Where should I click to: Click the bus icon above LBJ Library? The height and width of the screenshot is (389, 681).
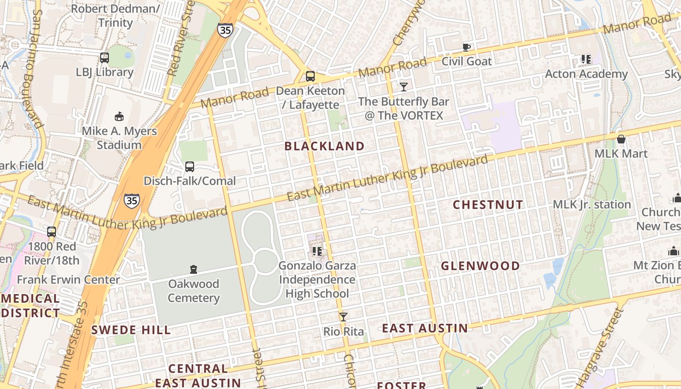[104, 58]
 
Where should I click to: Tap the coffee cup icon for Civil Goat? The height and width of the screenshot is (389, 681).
[466, 47]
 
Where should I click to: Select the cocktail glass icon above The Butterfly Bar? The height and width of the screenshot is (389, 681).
[403, 87]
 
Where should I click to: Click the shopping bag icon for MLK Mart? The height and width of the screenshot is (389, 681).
[621, 139]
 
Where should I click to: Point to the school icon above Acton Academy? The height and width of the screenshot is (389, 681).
[586, 59]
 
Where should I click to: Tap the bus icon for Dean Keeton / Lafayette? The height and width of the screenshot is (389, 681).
[310, 76]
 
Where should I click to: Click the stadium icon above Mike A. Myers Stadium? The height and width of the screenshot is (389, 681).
[119, 116]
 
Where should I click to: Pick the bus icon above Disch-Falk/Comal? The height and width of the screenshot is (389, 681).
[190, 167]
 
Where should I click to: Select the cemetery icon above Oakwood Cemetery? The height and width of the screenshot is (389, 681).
[194, 269]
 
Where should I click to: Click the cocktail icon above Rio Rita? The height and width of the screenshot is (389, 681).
[343, 317]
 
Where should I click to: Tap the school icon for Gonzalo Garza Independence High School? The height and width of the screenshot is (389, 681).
[317, 251]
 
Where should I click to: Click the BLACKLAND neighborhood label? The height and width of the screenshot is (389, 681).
[324, 146]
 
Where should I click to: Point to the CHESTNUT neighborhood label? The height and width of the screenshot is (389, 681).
[488, 205]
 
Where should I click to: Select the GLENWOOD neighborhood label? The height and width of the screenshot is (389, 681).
[480, 266]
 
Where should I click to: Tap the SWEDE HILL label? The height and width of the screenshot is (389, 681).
[131, 330]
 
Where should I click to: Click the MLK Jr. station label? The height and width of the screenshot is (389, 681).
[591, 204]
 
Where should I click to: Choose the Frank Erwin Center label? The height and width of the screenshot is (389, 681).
[68, 280]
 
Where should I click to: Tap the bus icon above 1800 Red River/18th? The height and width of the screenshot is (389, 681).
[52, 232]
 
